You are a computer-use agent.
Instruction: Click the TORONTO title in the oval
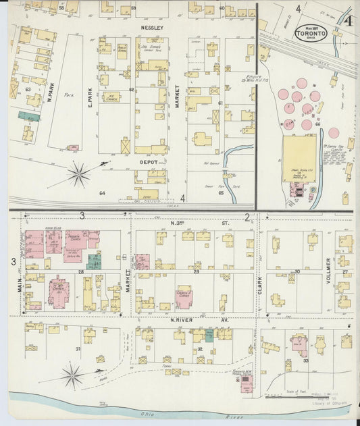(310, 33)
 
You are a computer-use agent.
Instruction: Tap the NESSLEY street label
(153, 28)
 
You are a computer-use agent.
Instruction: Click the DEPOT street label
(148, 162)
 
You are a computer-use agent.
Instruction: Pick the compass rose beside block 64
(79, 174)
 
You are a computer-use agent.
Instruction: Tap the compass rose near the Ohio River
(73, 373)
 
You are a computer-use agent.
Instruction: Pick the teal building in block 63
(28, 116)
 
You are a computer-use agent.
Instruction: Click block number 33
(306, 361)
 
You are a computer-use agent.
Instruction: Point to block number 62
(132, 90)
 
